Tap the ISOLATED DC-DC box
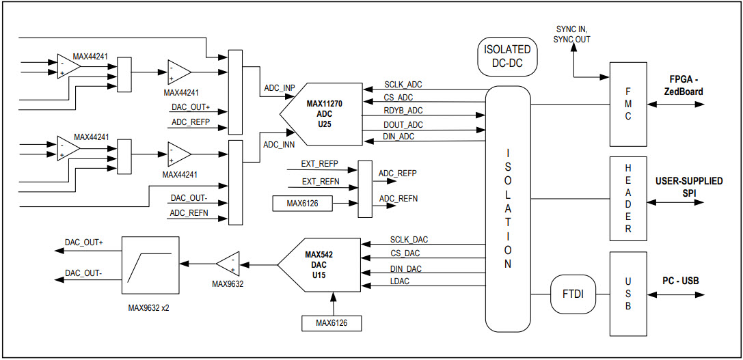click(x=506, y=56)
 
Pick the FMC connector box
click(x=627, y=103)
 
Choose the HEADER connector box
click(x=627, y=198)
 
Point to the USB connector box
click(x=627, y=294)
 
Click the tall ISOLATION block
click(x=508, y=208)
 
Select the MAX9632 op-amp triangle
click(x=228, y=264)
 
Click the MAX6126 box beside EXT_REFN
click(x=301, y=203)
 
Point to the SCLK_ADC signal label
click(x=403, y=85)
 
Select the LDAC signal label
click(x=400, y=281)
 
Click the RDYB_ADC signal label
click(x=403, y=111)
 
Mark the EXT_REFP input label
click(x=319, y=164)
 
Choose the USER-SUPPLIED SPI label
click(x=689, y=187)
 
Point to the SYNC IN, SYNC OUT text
click(x=572, y=34)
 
